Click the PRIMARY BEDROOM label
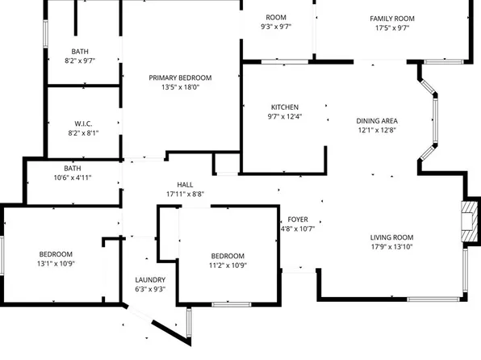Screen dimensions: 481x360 [180, 78]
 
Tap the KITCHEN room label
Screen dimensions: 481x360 [285, 107]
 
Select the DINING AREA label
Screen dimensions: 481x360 [377, 121]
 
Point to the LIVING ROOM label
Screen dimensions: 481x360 [391, 237]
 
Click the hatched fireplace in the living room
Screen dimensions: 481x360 [470, 221]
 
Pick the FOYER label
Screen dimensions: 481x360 [298, 220]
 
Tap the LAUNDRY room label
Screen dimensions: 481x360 [150, 280]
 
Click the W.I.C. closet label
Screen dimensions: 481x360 [83, 123]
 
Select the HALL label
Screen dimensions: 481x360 [185, 185]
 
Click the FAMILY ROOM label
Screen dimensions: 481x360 [392, 19]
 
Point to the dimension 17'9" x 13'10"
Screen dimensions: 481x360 [391, 247]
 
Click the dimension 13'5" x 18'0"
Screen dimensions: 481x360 [181, 87]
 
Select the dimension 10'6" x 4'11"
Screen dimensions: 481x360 [73, 178]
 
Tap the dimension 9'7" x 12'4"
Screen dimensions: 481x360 [285, 116]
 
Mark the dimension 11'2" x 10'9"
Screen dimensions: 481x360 [228, 266]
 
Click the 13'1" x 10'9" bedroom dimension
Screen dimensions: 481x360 [56, 264]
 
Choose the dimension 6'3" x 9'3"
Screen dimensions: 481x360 [150, 290]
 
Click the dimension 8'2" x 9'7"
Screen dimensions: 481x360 [80, 61]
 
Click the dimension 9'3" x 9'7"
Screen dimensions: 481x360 [276, 27]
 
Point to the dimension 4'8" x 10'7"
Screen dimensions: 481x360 [298, 229]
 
